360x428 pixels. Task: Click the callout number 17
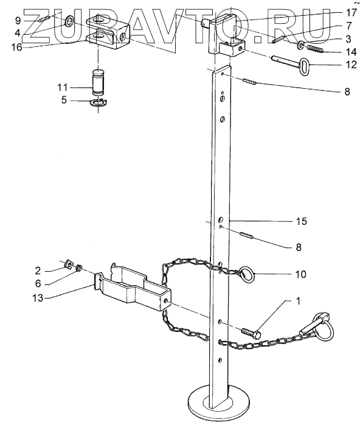[351, 13]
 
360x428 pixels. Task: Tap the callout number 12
[351, 64]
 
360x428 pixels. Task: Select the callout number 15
[302, 221]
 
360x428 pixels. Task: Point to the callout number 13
[38, 298]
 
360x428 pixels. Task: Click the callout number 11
[62, 88]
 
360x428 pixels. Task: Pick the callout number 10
[301, 274]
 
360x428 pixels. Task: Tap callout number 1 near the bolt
[298, 301]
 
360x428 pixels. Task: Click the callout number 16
[16, 47]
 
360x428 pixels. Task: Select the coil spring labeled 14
[315, 49]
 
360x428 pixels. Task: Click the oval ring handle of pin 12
[304, 66]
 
